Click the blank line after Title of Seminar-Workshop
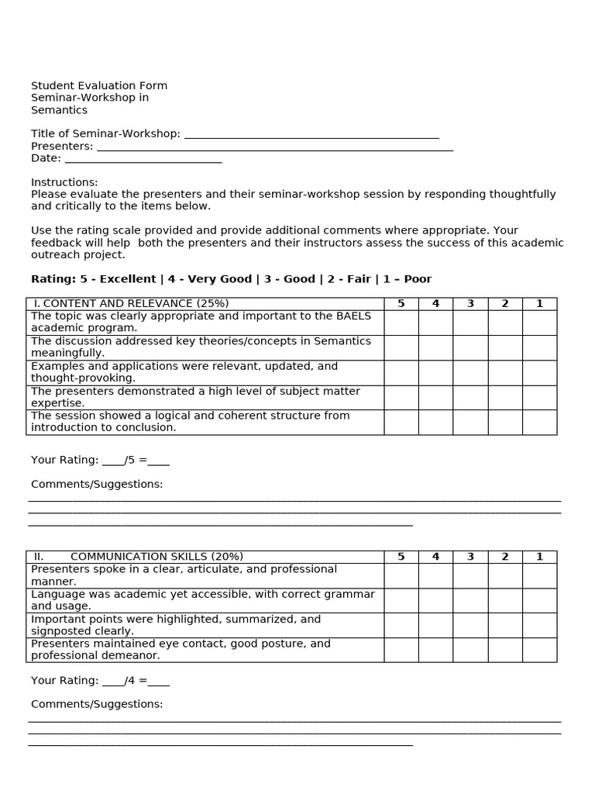(x=311, y=135)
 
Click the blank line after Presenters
(x=273, y=147)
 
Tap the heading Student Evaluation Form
(x=99, y=85)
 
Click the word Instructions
(x=64, y=182)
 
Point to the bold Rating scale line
(x=231, y=279)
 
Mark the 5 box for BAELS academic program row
(x=401, y=323)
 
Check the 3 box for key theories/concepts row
(x=470, y=347)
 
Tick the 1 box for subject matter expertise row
(x=539, y=398)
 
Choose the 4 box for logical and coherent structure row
(x=435, y=422)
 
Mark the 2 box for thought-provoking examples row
(x=505, y=373)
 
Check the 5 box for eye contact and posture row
(x=401, y=650)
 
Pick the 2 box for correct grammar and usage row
(x=505, y=600)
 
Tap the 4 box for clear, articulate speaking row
(x=435, y=575)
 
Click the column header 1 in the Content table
(x=539, y=304)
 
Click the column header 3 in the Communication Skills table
(x=470, y=557)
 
